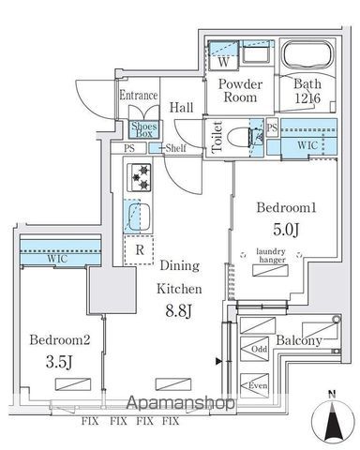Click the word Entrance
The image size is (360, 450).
(x=138, y=95)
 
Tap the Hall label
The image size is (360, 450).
(x=182, y=108)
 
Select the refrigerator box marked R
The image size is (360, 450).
(x=140, y=250)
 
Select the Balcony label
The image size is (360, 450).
(x=299, y=340)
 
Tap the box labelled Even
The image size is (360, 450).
(x=257, y=385)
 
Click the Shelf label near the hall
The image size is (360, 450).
(x=175, y=148)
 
